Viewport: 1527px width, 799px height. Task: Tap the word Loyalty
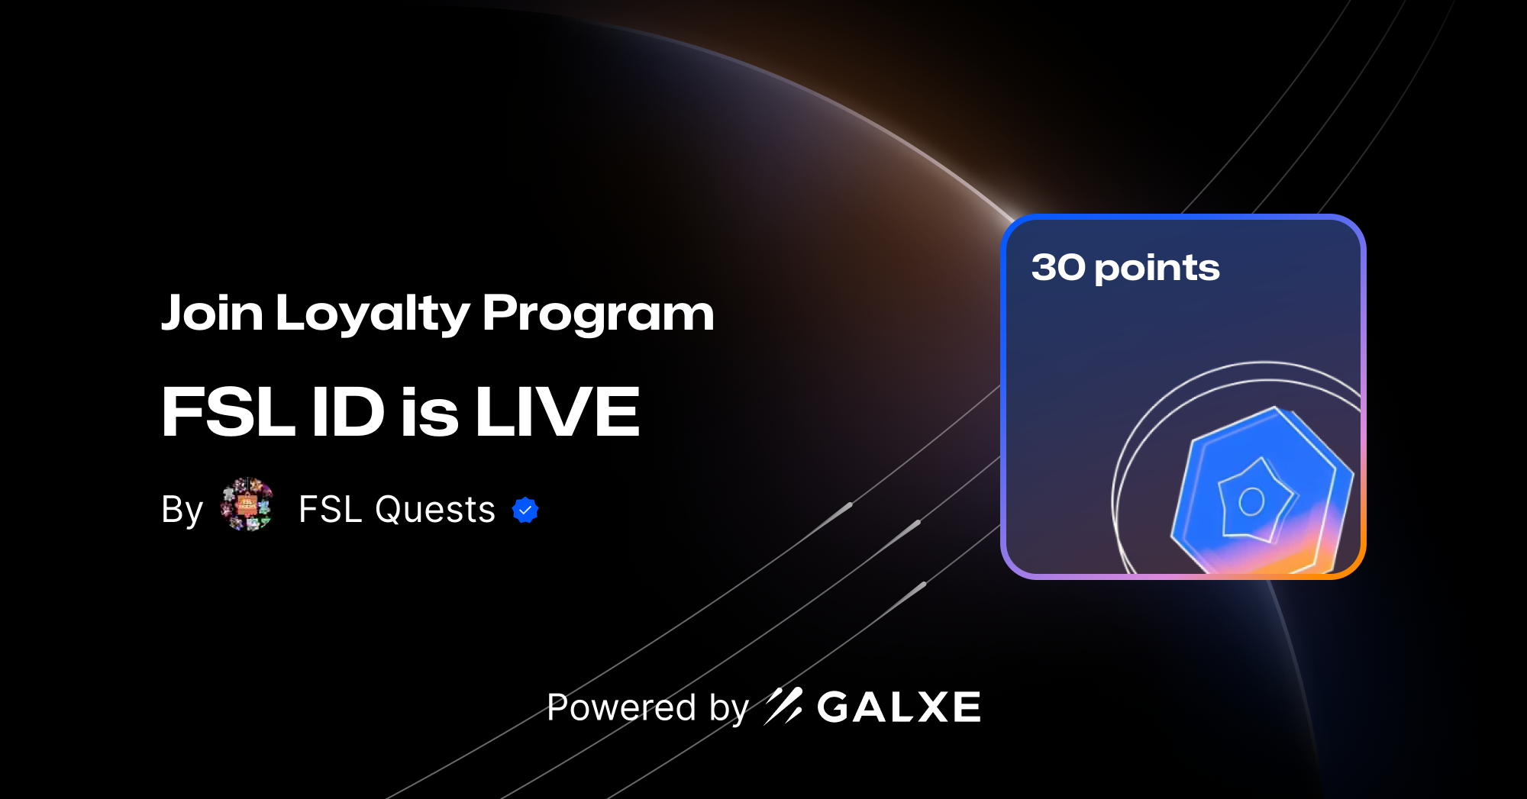(373, 314)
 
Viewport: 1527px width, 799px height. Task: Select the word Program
(598, 314)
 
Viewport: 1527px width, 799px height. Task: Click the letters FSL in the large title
(228, 412)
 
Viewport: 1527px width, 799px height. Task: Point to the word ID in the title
(348, 412)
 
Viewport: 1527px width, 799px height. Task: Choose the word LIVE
(557, 412)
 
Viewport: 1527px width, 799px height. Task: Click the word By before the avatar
(182, 510)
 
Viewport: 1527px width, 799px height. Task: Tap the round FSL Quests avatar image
(247, 504)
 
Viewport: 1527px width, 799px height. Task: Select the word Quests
(435, 509)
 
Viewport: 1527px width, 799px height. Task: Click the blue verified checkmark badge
(525, 510)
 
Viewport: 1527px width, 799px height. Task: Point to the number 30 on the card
(1058, 268)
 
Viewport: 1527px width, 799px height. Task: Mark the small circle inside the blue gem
(1252, 501)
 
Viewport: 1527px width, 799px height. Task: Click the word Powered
(621, 707)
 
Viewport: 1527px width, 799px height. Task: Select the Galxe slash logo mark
(783, 706)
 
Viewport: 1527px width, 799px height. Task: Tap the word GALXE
(899, 707)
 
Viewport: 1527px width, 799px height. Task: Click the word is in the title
(430, 412)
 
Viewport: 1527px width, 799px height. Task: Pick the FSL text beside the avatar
(330, 509)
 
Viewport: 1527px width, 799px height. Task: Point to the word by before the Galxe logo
(729, 708)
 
